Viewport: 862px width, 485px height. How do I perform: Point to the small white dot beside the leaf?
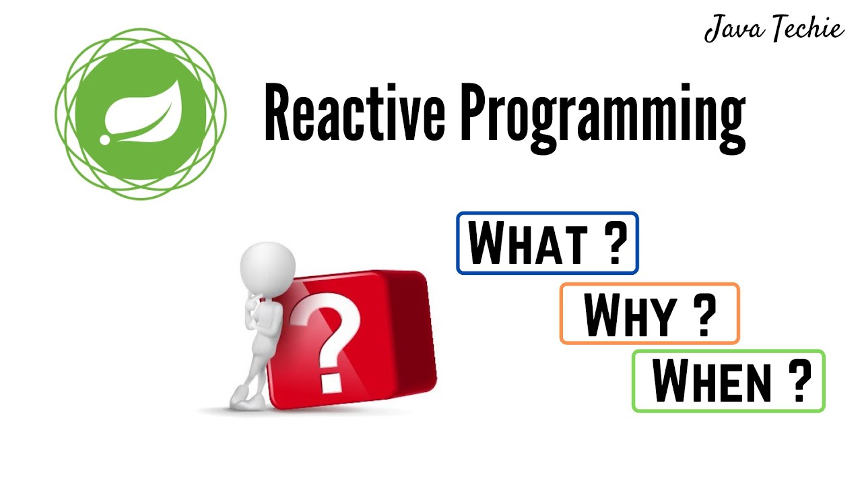coord(104,139)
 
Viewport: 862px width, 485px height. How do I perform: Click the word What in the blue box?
coord(525,243)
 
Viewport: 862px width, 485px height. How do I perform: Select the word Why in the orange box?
coord(629,315)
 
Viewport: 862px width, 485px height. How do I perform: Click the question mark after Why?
coord(704,315)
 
